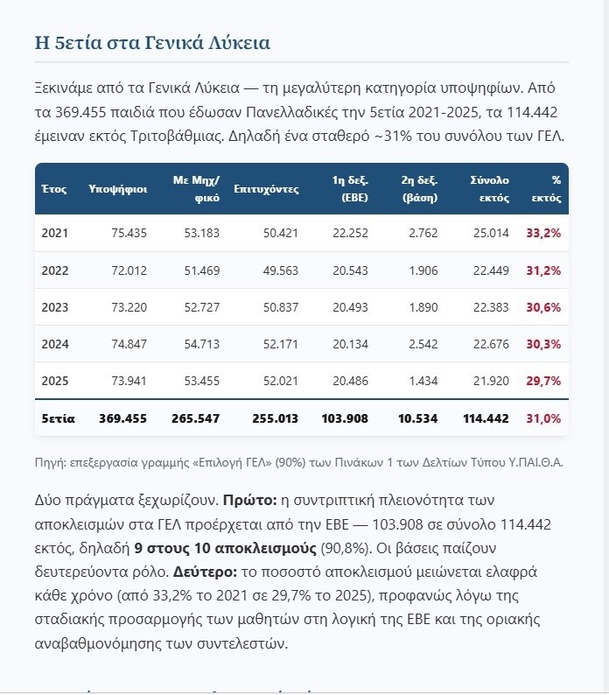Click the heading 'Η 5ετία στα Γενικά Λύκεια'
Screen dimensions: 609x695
(x=152, y=43)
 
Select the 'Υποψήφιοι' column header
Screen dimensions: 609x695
(x=118, y=189)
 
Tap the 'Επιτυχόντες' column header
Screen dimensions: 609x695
(x=266, y=189)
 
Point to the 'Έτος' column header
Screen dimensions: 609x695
(x=54, y=189)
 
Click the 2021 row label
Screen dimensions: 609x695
(x=55, y=233)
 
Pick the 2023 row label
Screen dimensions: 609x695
(x=55, y=307)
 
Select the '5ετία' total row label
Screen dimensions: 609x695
(x=58, y=418)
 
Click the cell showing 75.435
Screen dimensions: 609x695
(x=129, y=233)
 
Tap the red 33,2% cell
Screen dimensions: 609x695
(x=543, y=233)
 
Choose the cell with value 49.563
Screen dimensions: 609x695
(x=281, y=270)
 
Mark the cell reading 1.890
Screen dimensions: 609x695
(x=423, y=307)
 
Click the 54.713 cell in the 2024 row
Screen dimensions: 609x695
(x=201, y=344)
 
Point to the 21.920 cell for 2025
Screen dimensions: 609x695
(x=491, y=381)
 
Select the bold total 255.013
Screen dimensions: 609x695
(x=276, y=418)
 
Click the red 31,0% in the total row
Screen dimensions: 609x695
(x=543, y=418)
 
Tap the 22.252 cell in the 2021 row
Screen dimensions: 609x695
(x=350, y=233)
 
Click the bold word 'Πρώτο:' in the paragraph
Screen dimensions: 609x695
(x=249, y=501)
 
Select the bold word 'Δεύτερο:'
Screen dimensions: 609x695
(x=206, y=572)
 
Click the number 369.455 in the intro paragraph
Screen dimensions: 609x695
(x=80, y=112)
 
